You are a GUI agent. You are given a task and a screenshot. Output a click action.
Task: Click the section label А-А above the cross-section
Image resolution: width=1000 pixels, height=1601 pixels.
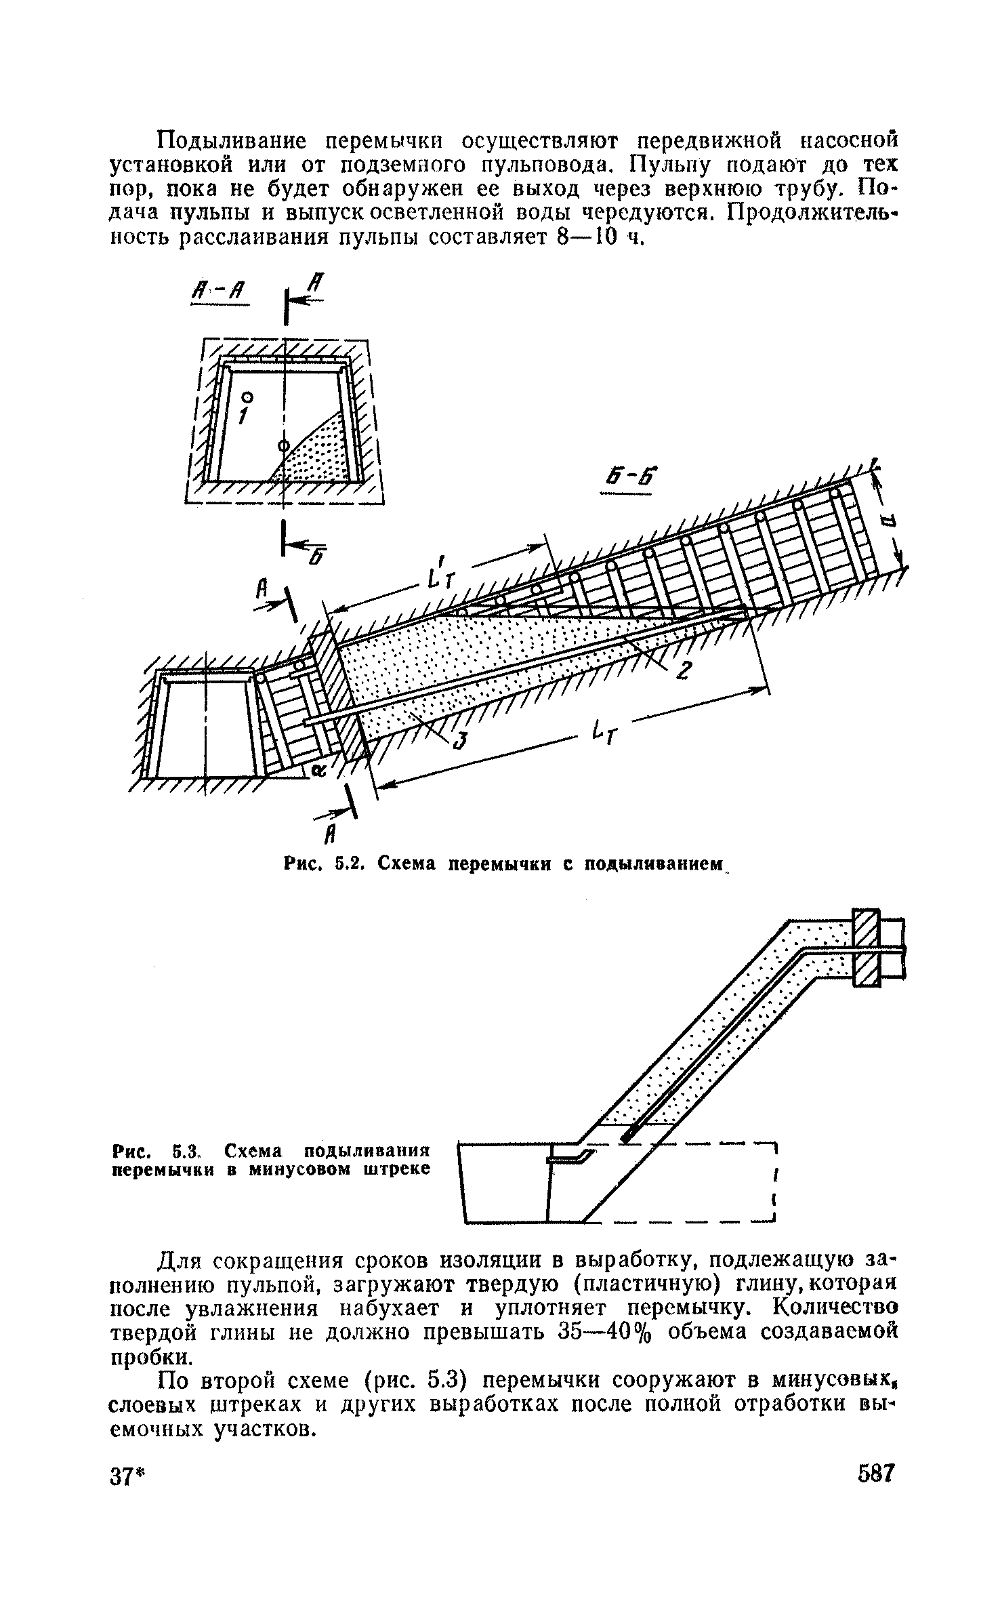click(219, 293)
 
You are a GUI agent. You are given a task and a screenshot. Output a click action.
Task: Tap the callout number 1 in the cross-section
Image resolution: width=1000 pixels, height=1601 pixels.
click(245, 415)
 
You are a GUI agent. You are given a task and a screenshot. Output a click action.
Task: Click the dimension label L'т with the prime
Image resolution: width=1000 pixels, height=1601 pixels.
click(440, 573)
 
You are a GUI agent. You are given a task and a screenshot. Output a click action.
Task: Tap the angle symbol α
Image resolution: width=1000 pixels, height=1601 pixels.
click(316, 771)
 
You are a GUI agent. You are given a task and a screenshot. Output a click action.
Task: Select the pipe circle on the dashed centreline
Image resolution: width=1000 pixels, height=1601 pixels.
click(283, 445)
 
